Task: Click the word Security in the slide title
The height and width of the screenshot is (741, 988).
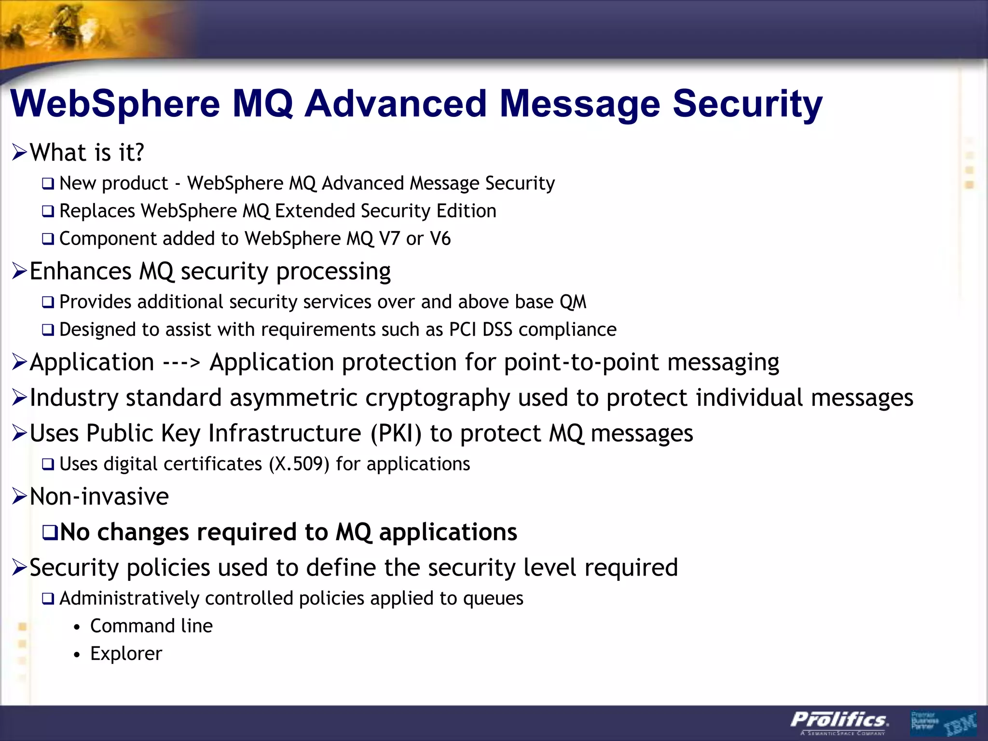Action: tap(747, 104)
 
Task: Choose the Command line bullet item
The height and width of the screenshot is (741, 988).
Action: tap(151, 626)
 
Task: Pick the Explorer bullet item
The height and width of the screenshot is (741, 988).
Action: tap(126, 654)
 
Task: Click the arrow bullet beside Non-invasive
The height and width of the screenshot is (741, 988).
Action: tap(19, 496)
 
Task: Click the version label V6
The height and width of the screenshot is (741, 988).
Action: tap(440, 239)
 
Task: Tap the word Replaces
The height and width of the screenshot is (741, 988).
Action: tap(97, 211)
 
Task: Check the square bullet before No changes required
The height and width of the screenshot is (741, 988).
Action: tap(50, 533)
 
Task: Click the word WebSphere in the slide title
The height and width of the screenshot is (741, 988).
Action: tap(115, 104)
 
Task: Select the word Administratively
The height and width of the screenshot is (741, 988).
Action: tap(129, 599)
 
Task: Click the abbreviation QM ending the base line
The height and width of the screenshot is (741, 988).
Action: tap(573, 302)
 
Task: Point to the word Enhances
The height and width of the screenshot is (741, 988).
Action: tap(81, 271)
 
